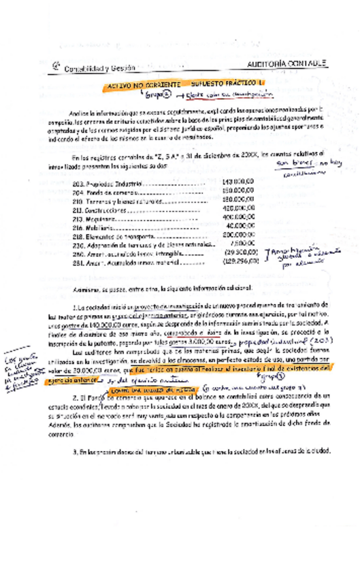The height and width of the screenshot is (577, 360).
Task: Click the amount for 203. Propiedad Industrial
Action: [238, 182]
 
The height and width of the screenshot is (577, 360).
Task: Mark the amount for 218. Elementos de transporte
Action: [238, 234]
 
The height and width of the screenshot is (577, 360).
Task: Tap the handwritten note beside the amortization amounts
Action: [296, 257]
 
